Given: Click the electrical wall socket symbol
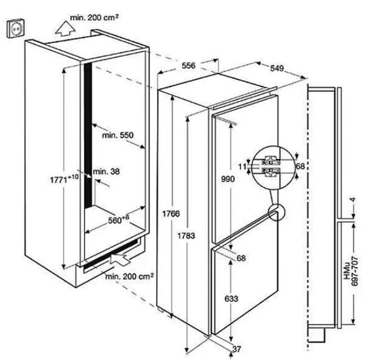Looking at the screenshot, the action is tap(15, 28).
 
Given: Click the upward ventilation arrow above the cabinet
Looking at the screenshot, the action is tap(65, 29).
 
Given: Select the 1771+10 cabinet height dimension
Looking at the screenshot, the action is tap(64, 180).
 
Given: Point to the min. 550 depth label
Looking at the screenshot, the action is tap(118, 135).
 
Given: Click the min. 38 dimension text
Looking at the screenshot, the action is tap(107, 171).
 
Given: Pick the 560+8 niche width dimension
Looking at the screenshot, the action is tap(118, 220).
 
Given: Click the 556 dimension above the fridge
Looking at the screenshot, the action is tap(188, 65).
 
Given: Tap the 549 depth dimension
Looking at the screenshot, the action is tap(277, 68).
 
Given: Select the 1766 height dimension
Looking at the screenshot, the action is tap(171, 214).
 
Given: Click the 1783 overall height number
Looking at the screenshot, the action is tap(186, 236).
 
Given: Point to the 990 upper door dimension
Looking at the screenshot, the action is tap(228, 179).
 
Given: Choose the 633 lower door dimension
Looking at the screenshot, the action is tap(231, 299).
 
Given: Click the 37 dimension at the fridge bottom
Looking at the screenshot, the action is tap(237, 349).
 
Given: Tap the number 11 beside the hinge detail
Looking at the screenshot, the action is tap(243, 167).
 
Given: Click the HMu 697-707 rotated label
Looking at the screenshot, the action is tap(351, 271).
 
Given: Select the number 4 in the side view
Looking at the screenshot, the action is tap(353, 200).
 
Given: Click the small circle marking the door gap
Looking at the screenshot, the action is tap(276, 213).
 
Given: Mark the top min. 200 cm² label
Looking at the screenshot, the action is tap(94, 18).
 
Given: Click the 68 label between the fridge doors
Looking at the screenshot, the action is tap(241, 258).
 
